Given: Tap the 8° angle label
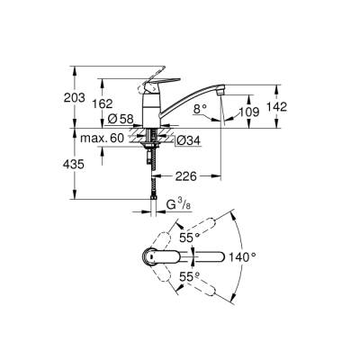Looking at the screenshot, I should coord(201,112).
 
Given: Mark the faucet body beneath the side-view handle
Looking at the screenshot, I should coord(149,110).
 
